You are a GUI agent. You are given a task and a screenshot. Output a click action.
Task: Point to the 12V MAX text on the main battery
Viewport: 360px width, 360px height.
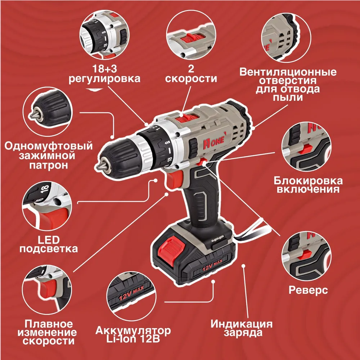[x=212, y=264]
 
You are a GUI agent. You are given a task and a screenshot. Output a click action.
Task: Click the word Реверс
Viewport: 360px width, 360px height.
[x=308, y=290]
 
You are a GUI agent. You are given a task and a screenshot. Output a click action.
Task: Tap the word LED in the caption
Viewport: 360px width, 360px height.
[x=49, y=240]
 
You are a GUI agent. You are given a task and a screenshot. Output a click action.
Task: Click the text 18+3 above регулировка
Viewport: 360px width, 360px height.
[x=104, y=69]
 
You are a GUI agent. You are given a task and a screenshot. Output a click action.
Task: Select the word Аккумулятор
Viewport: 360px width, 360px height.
[x=133, y=331]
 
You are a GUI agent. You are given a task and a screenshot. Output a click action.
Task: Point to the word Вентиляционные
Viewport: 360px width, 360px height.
[x=288, y=72]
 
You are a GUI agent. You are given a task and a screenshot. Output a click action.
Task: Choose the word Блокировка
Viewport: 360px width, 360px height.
[x=308, y=181]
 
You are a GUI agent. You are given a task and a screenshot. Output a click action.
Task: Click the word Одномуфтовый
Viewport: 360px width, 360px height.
[x=49, y=146]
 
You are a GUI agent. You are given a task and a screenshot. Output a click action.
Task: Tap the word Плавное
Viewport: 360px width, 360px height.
[x=49, y=324]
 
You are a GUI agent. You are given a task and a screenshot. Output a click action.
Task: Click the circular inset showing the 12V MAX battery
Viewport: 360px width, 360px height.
[x=131, y=296]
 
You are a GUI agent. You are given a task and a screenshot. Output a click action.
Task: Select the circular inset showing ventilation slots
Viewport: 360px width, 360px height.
[x=286, y=37]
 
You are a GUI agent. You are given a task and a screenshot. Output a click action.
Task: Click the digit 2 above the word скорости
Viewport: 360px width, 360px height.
[x=191, y=69]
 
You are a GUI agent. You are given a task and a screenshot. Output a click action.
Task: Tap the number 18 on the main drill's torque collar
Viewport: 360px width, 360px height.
[x=170, y=159]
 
